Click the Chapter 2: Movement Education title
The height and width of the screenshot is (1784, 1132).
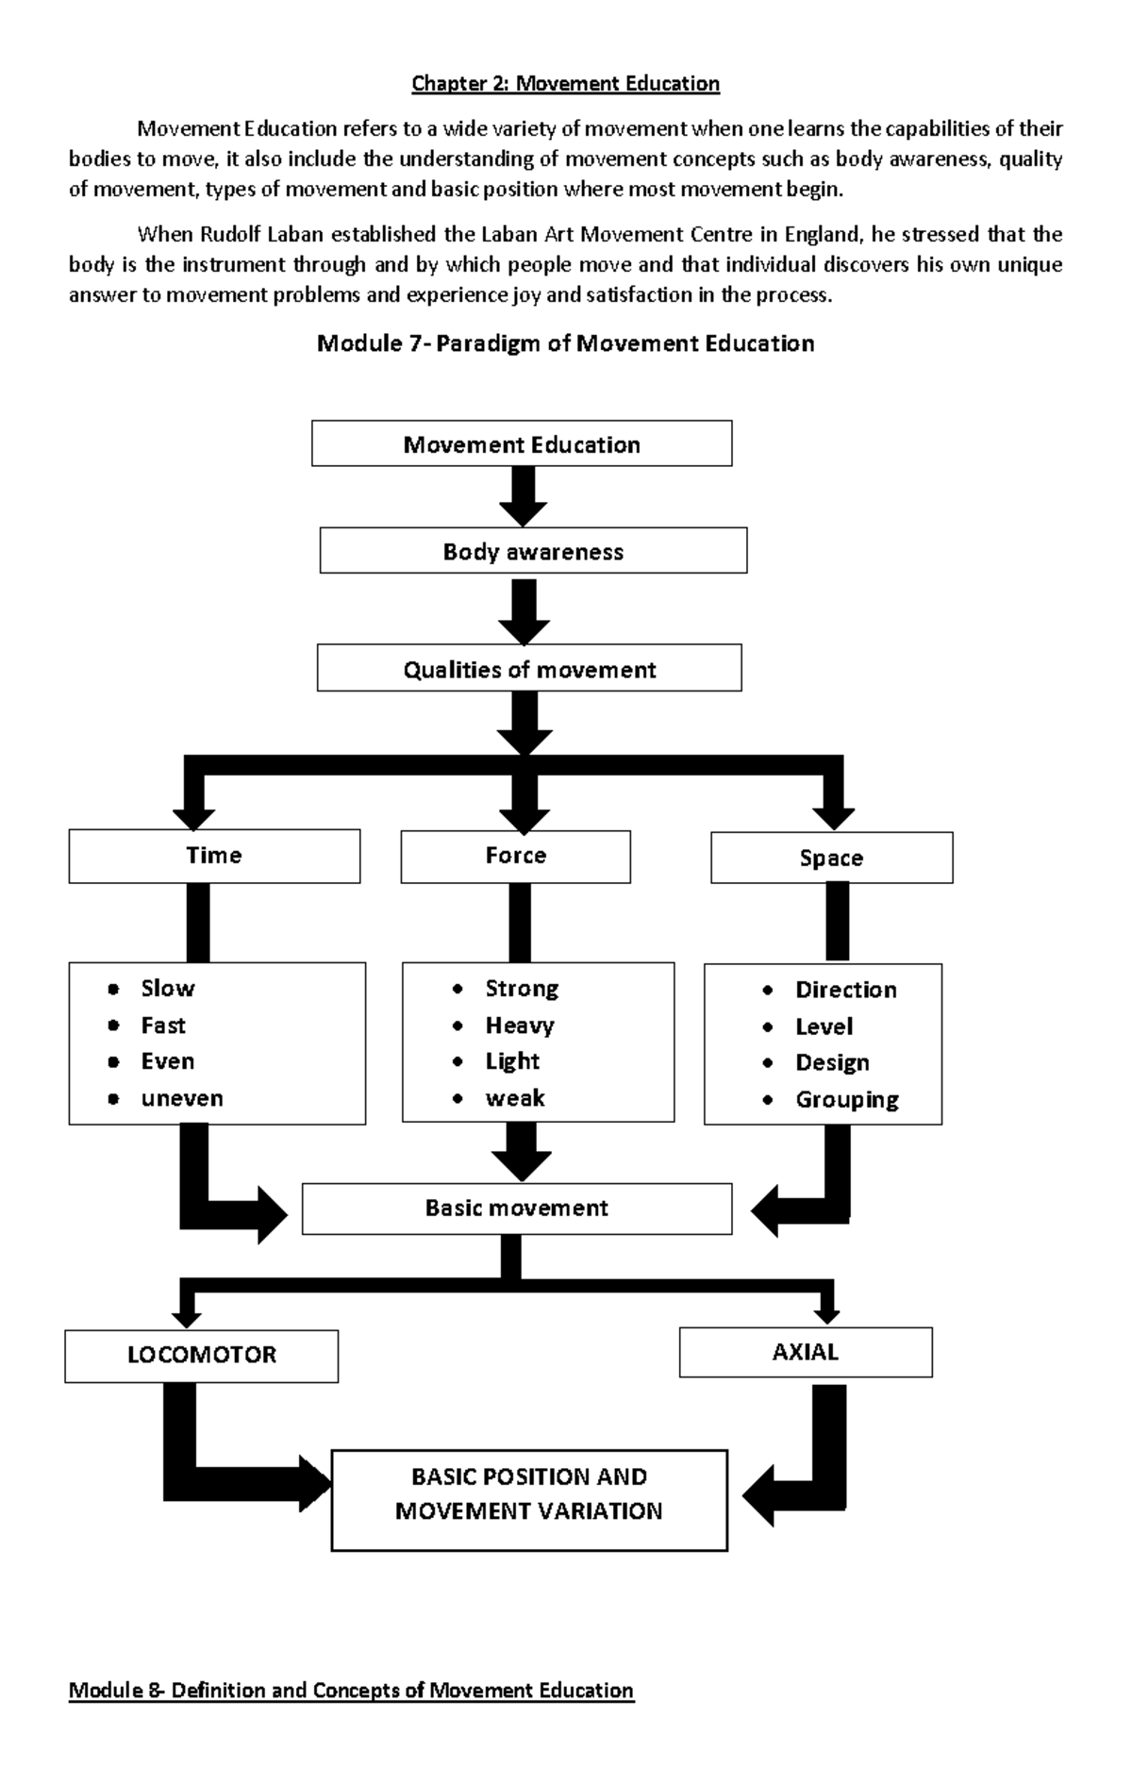[565, 84]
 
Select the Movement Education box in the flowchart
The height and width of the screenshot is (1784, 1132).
[522, 444]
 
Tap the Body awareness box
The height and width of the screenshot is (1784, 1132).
[533, 552]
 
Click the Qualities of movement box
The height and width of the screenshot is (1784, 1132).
[529, 670]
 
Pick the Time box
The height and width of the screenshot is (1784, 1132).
[214, 856]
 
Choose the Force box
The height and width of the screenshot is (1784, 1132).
[515, 856]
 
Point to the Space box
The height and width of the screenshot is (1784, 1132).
[831, 858]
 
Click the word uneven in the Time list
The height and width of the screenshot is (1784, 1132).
[181, 1098]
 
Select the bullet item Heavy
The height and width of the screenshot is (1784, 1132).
[519, 1025]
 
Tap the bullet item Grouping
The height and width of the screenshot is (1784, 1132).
[846, 1100]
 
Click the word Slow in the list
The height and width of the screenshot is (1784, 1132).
[167, 989]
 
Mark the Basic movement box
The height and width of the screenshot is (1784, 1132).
[516, 1209]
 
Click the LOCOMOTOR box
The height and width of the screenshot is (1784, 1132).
[201, 1356]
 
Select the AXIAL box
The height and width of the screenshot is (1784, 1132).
[805, 1353]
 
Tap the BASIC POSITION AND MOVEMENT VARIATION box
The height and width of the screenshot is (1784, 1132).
[528, 1494]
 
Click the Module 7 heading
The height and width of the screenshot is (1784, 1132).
[565, 343]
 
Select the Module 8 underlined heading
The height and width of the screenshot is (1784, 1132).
[351, 1690]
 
